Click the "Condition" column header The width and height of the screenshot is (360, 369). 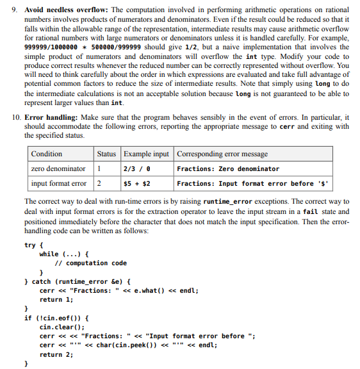(x=47, y=154)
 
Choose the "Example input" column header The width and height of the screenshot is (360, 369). (x=147, y=154)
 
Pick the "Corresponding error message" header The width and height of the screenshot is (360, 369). (x=222, y=154)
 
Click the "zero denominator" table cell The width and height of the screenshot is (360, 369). (x=58, y=169)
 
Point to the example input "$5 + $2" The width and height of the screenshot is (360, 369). (x=137, y=184)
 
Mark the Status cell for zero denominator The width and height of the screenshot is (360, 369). (x=99, y=169)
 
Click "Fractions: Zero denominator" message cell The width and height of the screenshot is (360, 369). (x=228, y=169)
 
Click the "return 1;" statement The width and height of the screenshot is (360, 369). (x=56, y=299)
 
